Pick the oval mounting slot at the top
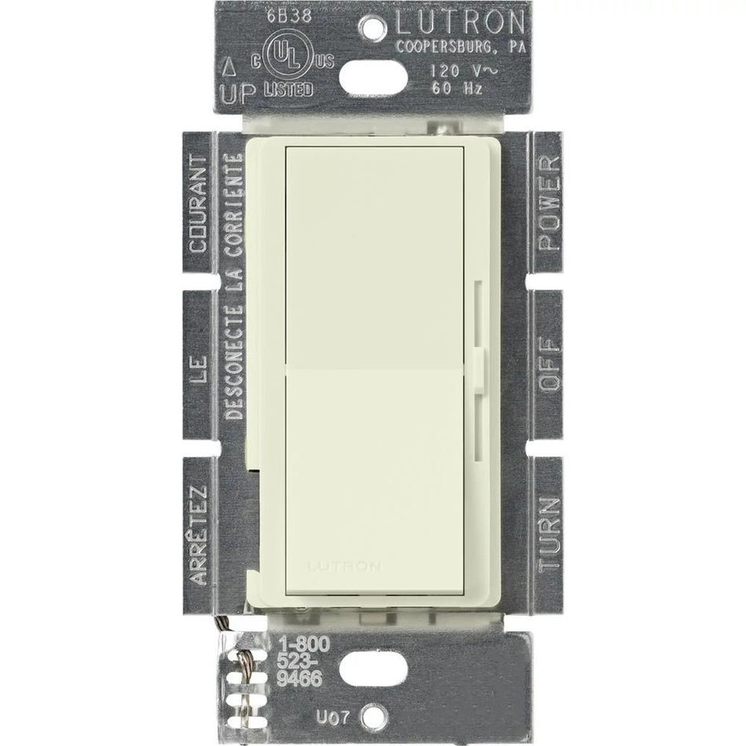pos(373,73)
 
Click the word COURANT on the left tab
pos(199,203)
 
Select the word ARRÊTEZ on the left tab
pos(199,534)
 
